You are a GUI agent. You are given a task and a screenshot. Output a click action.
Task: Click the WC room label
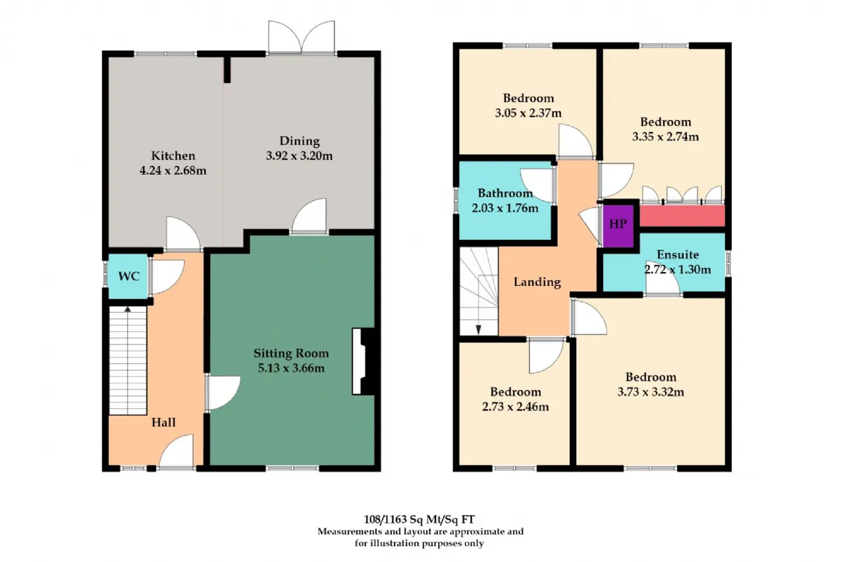pyautogui.click(x=129, y=276)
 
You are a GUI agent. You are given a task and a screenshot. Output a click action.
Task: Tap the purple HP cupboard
pyautogui.click(x=618, y=225)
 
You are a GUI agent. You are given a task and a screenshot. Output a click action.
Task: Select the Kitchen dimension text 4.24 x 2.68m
pyautogui.click(x=173, y=171)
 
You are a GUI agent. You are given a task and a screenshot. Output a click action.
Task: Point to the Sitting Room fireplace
pyautogui.click(x=364, y=362)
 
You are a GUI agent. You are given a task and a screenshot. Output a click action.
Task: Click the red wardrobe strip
pyautogui.click(x=682, y=215)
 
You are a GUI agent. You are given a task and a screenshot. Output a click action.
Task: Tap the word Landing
pyautogui.click(x=537, y=282)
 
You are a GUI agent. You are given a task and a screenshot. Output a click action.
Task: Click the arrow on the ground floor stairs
pyautogui.click(x=128, y=310)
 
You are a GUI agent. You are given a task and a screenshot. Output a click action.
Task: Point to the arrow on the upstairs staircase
pyautogui.click(x=478, y=330)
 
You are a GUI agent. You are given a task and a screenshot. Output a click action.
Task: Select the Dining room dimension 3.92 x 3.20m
pyautogui.click(x=299, y=156)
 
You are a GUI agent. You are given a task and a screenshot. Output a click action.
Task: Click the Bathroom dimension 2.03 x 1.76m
pyautogui.click(x=505, y=208)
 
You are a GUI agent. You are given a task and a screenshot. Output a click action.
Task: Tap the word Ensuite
pyautogui.click(x=678, y=254)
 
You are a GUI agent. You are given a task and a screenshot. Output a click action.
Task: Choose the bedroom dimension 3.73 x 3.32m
pyautogui.click(x=651, y=392)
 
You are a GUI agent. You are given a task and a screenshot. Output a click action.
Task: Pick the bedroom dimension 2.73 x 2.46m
pyautogui.click(x=515, y=407)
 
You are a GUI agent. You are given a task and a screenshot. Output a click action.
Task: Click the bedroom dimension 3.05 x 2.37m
pyautogui.click(x=528, y=113)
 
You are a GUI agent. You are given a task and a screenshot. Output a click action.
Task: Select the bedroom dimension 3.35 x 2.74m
pyautogui.click(x=665, y=136)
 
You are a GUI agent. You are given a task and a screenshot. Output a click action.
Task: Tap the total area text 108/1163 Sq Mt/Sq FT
pyautogui.click(x=419, y=519)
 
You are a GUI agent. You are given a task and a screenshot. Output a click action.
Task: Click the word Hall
pyautogui.click(x=163, y=422)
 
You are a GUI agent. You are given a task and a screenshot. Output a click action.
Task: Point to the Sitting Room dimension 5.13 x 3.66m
pyautogui.click(x=291, y=368)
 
